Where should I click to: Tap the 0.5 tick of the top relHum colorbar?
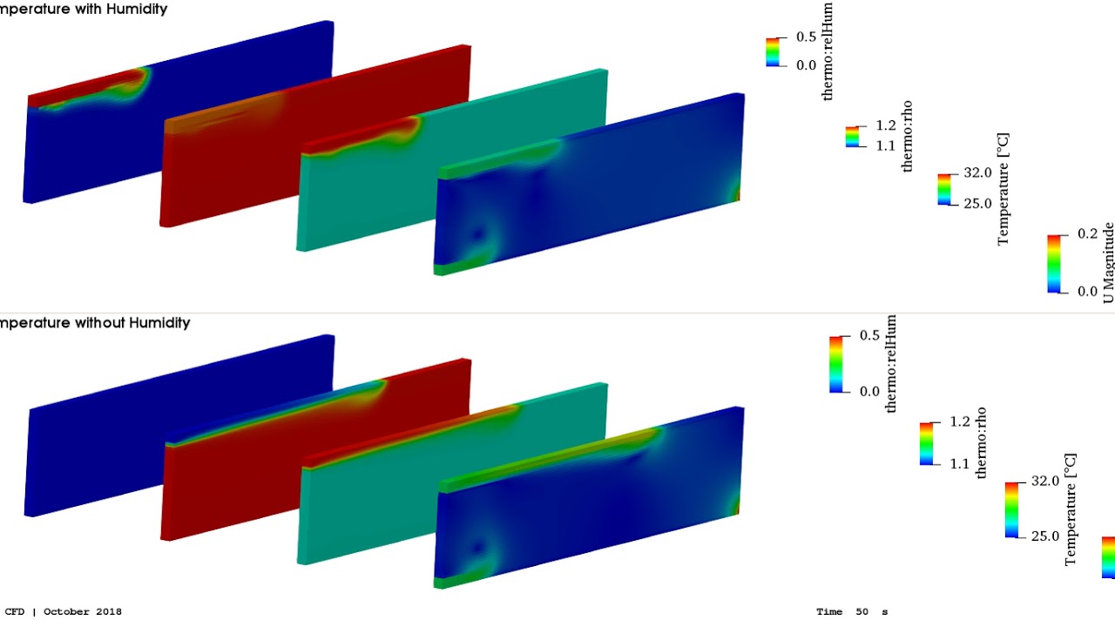pyautogui.click(x=806, y=37)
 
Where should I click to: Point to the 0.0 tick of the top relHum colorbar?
pyautogui.click(x=806, y=65)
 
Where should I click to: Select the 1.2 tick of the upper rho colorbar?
pyautogui.click(x=885, y=126)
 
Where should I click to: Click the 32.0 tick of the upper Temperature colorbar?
pyautogui.click(x=976, y=173)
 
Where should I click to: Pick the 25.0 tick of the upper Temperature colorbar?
pyautogui.click(x=976, y=204)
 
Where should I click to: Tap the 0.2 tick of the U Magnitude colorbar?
pyautogui.click(x=1087, y=234)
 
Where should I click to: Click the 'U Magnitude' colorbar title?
pyautogui.click(x=1108, y=262)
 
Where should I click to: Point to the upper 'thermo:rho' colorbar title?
pyautogui.click(x=908, y=136)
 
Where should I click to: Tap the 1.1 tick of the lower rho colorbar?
pyautogui.click(x=958, y=463)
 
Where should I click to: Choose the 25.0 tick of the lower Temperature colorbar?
pyautogui.click(x=1044, y=536)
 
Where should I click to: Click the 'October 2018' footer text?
pyautogui.click(x=83, y=611)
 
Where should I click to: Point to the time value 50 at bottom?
pyautogui.click(x=862, y=611)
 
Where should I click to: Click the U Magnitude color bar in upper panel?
pyautogui.click(x=1053, y=263)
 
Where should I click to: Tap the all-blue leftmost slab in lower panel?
pyautogui.click(x=174, y=435)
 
